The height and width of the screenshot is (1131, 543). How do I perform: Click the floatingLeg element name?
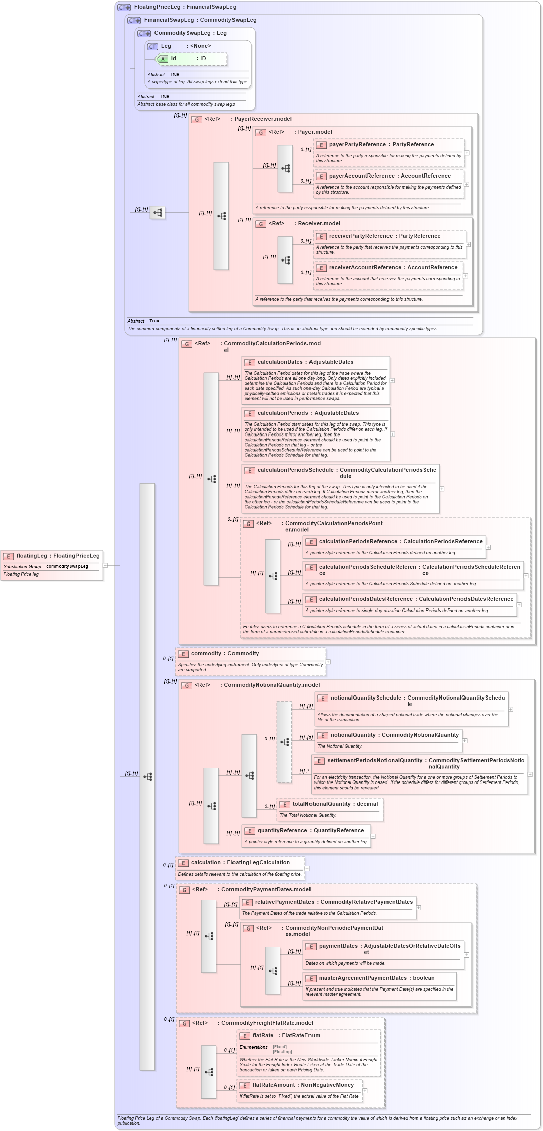click(32, 556)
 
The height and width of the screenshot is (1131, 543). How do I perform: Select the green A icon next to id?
click(163, 59)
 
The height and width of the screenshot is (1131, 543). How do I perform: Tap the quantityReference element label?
click(311, 831)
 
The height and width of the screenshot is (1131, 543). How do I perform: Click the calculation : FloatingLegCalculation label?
click(240, 863)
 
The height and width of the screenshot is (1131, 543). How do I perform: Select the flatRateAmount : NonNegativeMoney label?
click(303, 1085)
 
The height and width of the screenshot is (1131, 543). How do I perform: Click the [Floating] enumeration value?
click(282, 1052)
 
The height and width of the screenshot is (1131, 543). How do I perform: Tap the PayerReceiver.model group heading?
click(263, 119)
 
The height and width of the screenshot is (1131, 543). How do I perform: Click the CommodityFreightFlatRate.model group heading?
click(267, 1023)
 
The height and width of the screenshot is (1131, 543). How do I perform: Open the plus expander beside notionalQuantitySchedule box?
click(511, 709)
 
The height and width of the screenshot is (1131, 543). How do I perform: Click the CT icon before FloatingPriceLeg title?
click(124, 8)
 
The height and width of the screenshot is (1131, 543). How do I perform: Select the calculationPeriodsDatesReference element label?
click(416, 599)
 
